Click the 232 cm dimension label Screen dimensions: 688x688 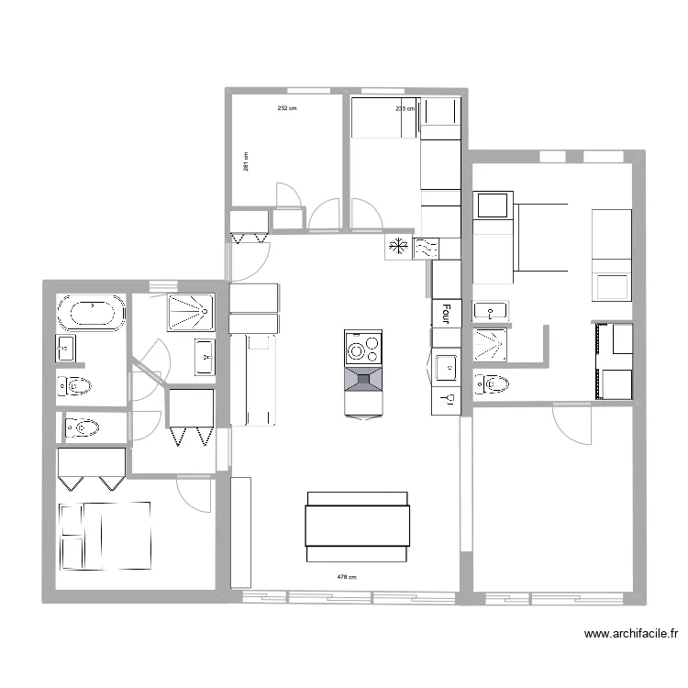point(287,108)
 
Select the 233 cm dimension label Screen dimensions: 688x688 point(405,108)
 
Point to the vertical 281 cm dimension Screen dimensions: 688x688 point(246,161)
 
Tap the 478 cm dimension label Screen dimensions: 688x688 point(346,577)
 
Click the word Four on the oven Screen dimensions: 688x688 point(446,315)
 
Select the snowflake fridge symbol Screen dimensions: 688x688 point(398,247)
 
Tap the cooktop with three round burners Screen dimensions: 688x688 point(362,349)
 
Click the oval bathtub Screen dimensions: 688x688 point(91,314)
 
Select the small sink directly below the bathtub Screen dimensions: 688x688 point(65,349)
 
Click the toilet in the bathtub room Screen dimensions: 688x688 point(74,385)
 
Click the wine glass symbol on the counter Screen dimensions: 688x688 point(447,399)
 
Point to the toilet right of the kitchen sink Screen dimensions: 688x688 point(492,384)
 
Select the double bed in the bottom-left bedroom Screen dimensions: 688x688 point(104,536)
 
